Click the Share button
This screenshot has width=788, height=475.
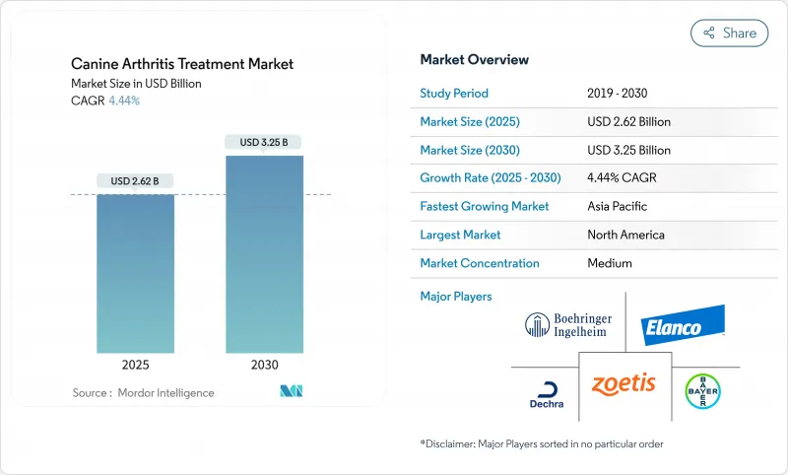729,33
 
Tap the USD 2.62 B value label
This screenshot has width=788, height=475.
135,181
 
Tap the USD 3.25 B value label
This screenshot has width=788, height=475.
264,143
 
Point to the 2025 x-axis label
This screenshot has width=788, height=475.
135,365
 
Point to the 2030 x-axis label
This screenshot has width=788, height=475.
263,365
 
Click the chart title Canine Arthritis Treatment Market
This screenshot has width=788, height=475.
182,64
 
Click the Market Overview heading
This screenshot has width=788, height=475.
475,60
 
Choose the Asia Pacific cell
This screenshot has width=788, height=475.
618,207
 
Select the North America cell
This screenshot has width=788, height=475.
625,235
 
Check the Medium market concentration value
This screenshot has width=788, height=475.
610,263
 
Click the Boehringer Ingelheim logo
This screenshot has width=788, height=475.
566,325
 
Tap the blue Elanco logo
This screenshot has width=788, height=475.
684,324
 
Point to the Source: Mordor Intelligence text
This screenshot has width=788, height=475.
143,393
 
